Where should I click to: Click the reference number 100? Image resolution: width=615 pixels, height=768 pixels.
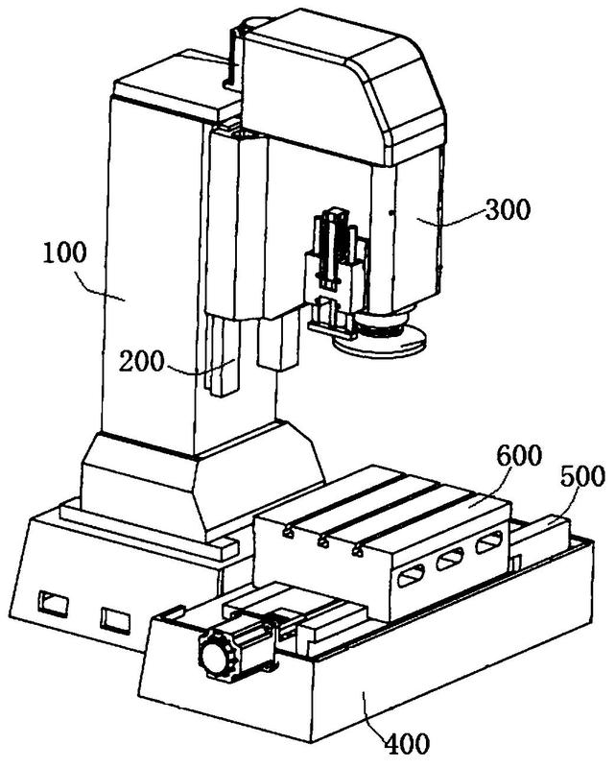[x=64, y=253]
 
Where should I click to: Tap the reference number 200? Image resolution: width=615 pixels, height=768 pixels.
[x=141, y=363]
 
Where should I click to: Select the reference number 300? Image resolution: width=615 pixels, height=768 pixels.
[x=508, y=209]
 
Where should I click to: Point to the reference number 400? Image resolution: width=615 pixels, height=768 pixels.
[x=408, y=743]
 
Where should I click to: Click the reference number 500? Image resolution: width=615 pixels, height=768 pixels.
[x=582, y=476]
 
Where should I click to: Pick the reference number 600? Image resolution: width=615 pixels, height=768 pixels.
[x=519, y=455]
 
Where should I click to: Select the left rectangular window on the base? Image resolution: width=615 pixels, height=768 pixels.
[x=53, y=603]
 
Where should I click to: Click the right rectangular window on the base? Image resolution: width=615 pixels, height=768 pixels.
[x=115, y=620]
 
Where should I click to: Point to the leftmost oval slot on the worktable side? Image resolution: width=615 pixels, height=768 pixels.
[x=412, y=576]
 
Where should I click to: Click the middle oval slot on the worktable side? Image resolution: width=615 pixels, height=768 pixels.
[x=450, y=560]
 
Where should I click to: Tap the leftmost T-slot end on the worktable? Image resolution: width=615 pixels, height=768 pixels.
[x=289, y=533]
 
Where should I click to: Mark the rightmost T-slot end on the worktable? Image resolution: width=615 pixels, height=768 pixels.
[x=358, y=551]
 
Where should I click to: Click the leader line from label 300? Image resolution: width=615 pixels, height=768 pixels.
[x=451, y=219]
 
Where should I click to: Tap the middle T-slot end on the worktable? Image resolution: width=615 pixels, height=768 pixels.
[x=322, y=542]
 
